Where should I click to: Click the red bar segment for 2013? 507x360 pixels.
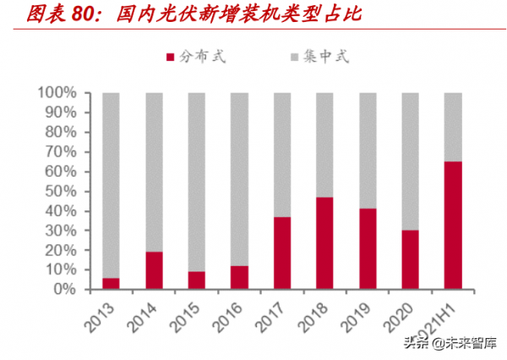pyautogui.click(x=111, y=283)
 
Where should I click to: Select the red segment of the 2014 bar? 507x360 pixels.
pyautogui.click(x=154, y=270)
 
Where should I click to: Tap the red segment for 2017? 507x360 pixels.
pyautogui.click(x=281, y=253)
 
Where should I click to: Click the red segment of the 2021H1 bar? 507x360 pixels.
pyautogui.click(x=453, y=225)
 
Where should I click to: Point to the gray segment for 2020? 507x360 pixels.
pyautogui.click(x=410, y=161)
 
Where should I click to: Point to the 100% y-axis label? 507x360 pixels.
pyautogui.click(x=57, y=92)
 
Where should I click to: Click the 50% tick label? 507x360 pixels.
pyautogui.click(x=62, y=191)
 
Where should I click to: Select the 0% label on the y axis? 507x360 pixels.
pyautogui.click(x=66, y=289)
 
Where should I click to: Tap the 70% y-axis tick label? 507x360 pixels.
pyautogui.click(x=62, y=151)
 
